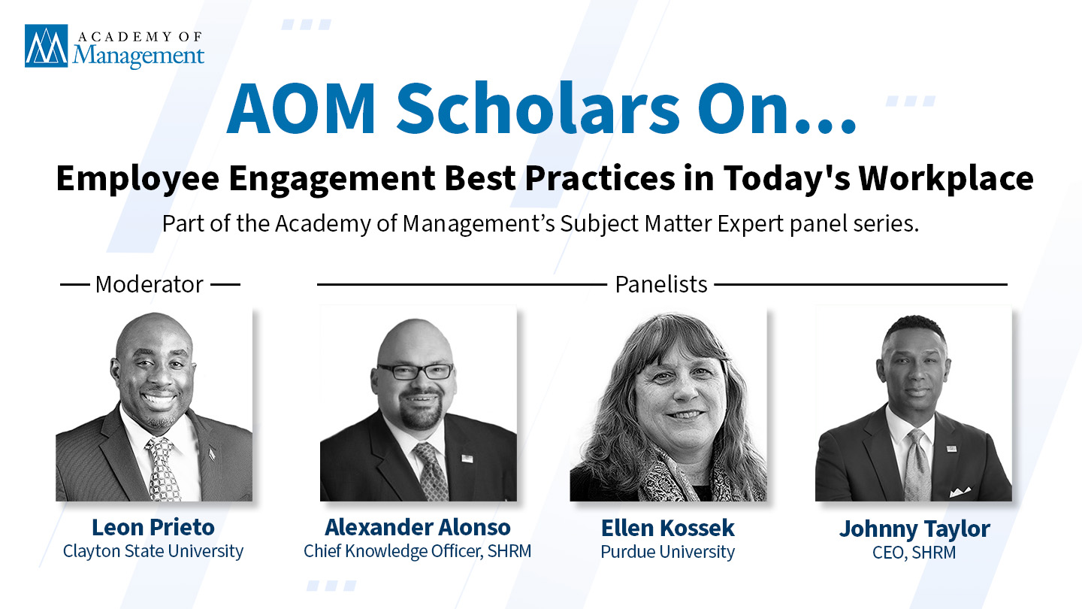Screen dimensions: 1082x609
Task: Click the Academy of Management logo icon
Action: [x=47, y=46]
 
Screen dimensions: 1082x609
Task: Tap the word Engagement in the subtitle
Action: [x=332, y=179]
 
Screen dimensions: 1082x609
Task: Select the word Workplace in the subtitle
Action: [x=946, y=179]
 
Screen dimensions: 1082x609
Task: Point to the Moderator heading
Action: [x=150, y=284]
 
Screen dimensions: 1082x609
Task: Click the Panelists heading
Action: [x=660, y=284]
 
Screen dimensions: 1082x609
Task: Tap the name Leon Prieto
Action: [x=153, y=527]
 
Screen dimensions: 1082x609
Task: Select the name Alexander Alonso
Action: [x=417, y=527]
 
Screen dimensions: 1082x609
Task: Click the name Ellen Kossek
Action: [x=667, y=528]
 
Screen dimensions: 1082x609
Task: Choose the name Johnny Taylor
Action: [x=914, y=529]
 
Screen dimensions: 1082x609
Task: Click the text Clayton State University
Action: [x=153, y=552]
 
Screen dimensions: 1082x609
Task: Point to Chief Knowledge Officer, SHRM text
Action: [x=417, y=552]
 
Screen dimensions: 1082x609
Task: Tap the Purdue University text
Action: [x=667, y=552]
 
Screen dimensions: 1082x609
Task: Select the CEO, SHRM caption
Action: [x=914, y=553]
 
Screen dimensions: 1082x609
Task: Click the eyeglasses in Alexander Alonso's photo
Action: [x=416, y=371]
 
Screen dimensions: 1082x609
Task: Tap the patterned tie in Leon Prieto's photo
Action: [x=163, y=469]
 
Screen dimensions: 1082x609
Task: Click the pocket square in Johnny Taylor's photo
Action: [x=960, y=492]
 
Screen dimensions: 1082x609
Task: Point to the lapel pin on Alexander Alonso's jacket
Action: [x=467, y=458]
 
